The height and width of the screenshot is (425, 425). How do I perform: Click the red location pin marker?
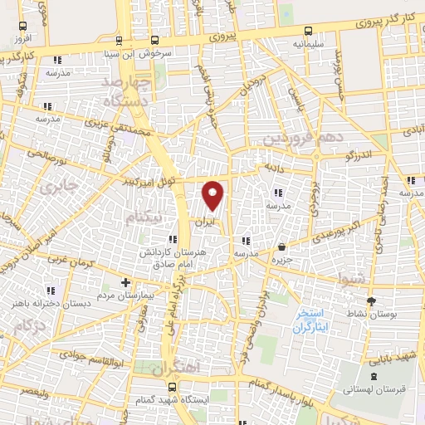pyautogui.click(x=213, y=194)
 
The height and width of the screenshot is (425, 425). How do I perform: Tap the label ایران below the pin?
pyautogui.click(x=203, y=222)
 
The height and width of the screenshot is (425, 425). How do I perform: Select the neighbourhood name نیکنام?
pyautogui.click(x=142, y=217)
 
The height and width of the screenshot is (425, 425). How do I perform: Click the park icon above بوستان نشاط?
pyautogui.click(x=371, y=300)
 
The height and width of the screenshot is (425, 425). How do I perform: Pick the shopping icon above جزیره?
pyautogui.click(x=283, y=247)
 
